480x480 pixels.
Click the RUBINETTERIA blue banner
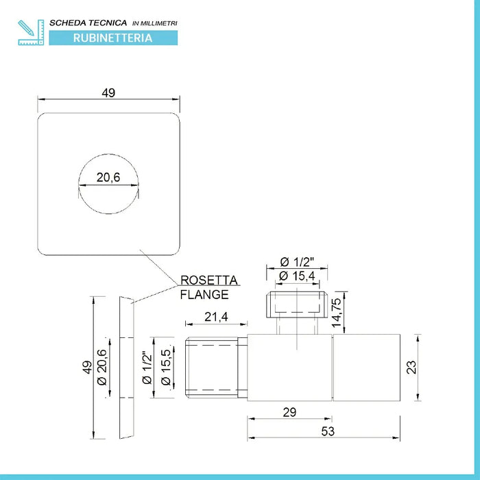tap(112, 38)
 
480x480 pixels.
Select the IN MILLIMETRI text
tap(154, 23)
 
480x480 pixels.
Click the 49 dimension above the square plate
tap(108, 93)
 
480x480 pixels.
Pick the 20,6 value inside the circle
tap(108, 178)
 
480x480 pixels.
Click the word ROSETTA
tap(208, 280)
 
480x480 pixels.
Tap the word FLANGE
tap(204, 296)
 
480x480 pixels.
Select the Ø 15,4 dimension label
tap(297, 276)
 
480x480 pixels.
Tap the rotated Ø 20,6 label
tap(102, 365)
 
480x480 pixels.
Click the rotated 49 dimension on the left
tap(86, 368)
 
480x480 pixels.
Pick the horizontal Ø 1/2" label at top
tap(298, 261)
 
